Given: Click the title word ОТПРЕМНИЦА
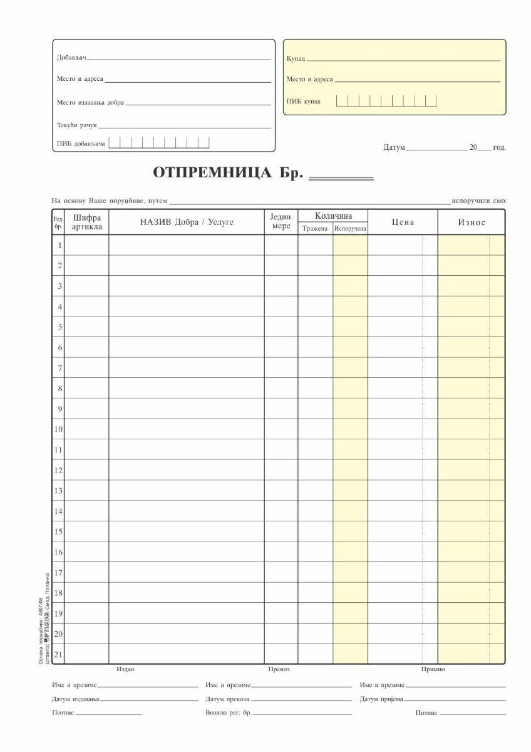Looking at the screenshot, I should click(x=212, y=172).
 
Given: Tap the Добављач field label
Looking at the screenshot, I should click(x=71, y=58).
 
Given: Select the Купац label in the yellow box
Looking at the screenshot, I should click(x=296, y=58).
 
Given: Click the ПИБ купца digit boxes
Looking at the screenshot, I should click(x=386, y=101).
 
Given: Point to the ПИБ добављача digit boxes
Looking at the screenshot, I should click(x=159, y=143).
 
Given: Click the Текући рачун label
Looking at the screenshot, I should click(x=77, y=125).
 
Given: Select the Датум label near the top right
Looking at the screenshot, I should click(x=394, y=148).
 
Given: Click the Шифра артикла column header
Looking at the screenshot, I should click(x=87, y=222).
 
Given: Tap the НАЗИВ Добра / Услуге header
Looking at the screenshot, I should click(x=187, y=222).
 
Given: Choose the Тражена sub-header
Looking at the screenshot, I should click(x=315, y=229).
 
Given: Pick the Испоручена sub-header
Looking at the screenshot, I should click(x=350, y=229).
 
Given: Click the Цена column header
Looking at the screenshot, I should click(x=403, y=222).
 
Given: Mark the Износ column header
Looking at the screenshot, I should click(x=472, y=222).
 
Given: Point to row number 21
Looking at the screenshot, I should click(x=58, y=654).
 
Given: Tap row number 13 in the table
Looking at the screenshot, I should click(x=58, y=491).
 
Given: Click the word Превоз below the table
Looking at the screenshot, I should click(x=279, y=669).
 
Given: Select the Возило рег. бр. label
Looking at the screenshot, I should click(x=228, y=713).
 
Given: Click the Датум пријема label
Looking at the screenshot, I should click(x=381, y=699).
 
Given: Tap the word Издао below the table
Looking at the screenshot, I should click(x=125, y=669).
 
